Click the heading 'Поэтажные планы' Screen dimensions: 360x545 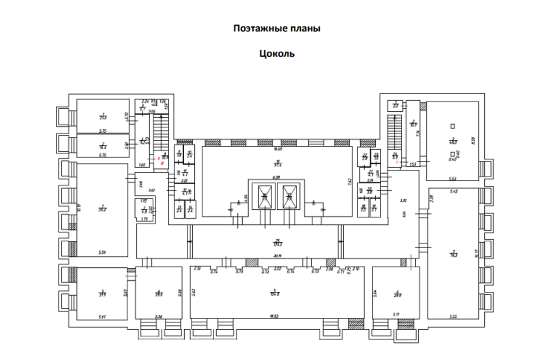(276, 29)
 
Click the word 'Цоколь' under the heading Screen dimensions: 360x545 (277, 53)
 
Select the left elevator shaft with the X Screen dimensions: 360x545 (265, 197)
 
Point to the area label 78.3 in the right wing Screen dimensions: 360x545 (454, 253)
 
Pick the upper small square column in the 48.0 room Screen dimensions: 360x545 (452, 126)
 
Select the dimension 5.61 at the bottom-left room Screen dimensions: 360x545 (102, 317)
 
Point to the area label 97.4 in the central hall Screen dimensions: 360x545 (277, 164)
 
